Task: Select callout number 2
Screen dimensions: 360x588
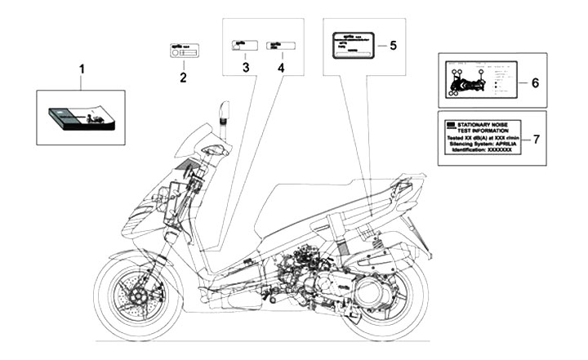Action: [183, 78]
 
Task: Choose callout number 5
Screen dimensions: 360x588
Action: [392, 45]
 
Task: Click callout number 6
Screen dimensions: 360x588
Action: [536, 82]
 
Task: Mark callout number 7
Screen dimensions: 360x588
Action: [536, 139]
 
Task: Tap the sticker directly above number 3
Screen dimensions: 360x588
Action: [243, 45]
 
